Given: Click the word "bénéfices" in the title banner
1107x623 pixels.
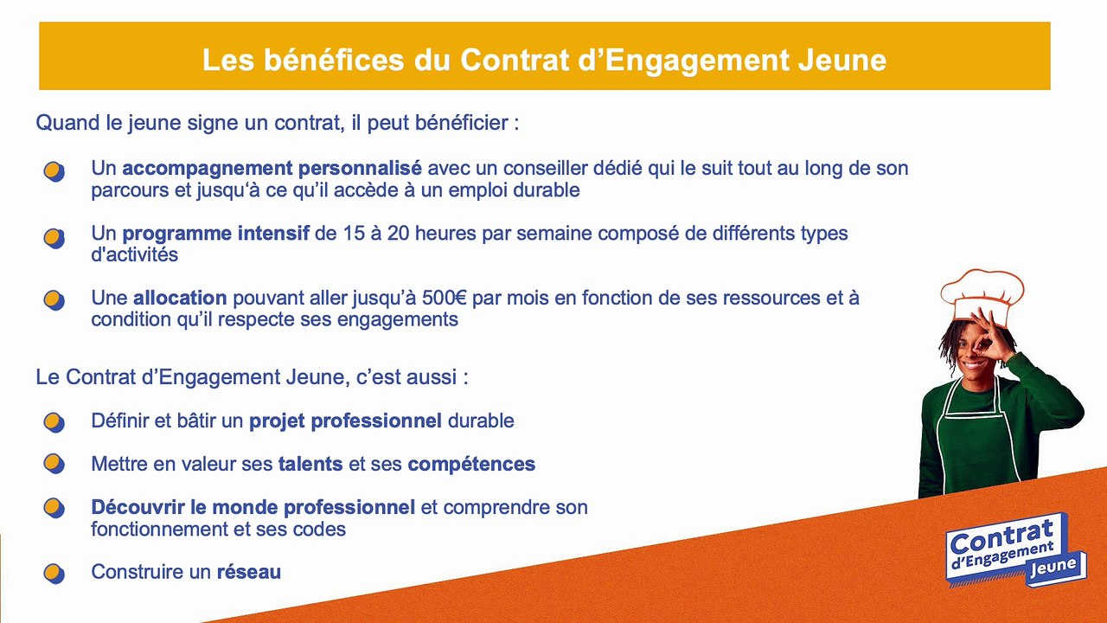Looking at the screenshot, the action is click(334, 60).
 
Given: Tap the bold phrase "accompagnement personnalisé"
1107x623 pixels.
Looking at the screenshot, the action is click(272, 169).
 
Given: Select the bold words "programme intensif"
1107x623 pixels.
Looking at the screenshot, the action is click(216, 234).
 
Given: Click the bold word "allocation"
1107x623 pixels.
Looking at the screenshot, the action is click(180, 298).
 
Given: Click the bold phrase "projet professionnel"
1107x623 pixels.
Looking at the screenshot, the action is click(345, 421).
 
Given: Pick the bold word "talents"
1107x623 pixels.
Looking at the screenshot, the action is click(310, 464).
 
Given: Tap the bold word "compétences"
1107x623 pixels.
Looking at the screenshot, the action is click(471, 465).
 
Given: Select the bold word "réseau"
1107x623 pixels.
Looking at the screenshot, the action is click(249, 572).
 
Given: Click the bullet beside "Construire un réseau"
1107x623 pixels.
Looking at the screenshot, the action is click(54, 574).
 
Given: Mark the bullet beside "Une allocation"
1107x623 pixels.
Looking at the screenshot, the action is click(54, 300).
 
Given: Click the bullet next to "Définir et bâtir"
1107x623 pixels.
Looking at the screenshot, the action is click(54, 423).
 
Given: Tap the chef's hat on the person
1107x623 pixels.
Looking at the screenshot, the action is click(982, 296).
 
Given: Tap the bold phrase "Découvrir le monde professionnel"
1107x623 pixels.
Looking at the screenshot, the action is click(253, 507).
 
